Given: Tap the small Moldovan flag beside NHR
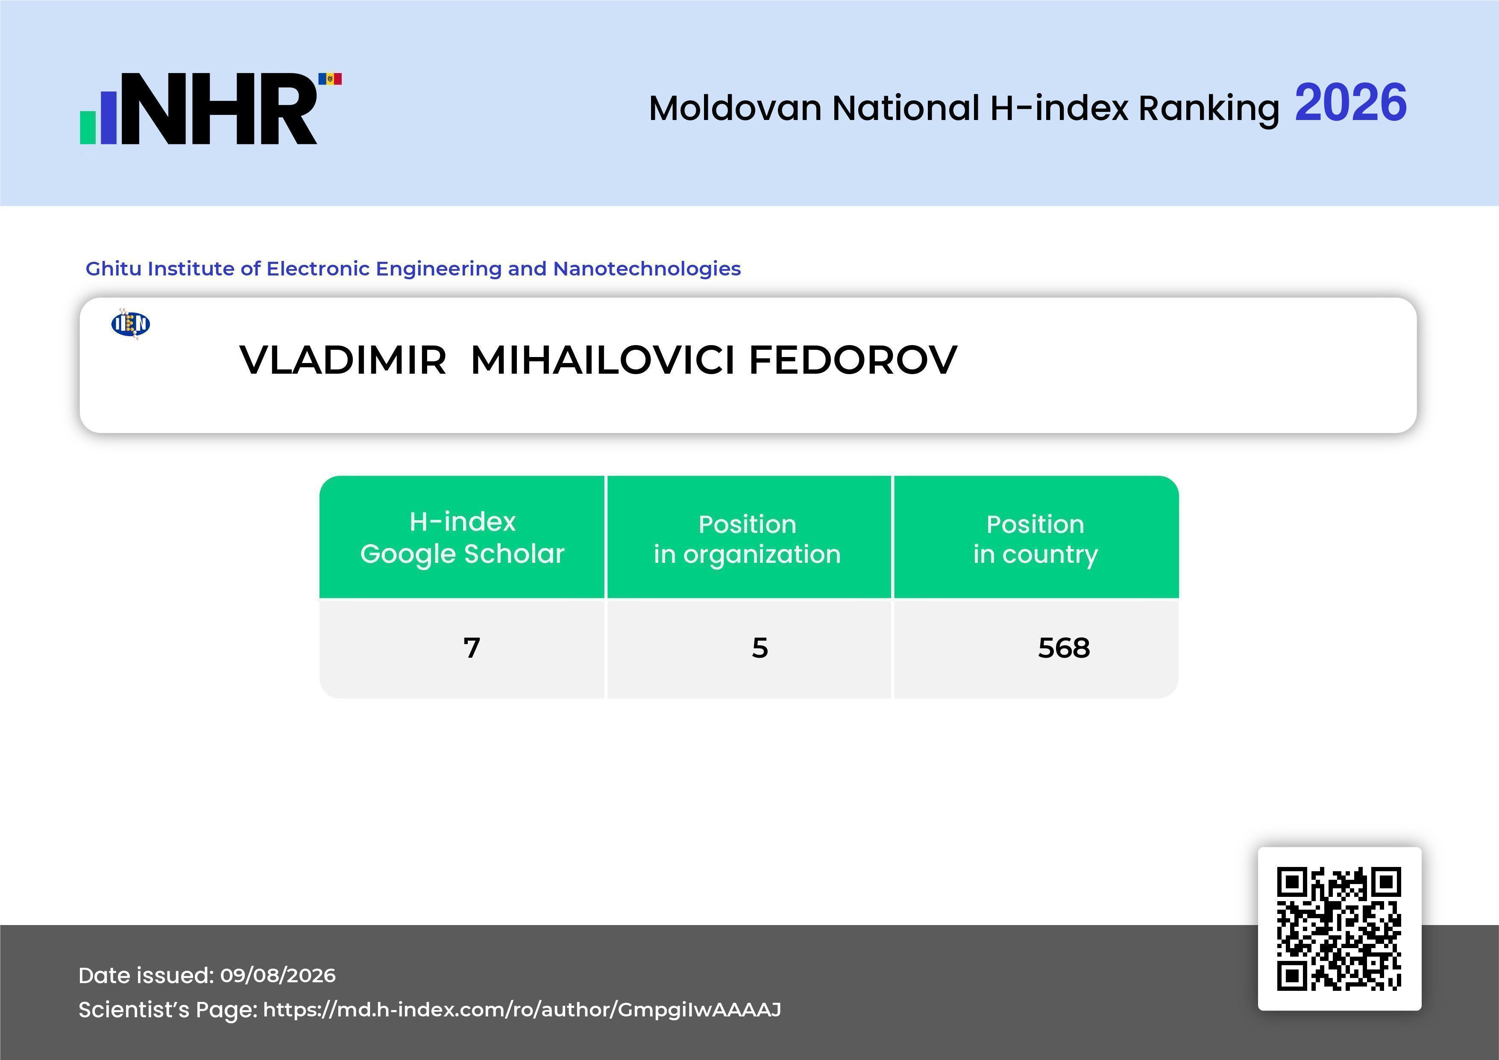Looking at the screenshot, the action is tap(330, 79).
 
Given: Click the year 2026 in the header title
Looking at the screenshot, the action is tap(1350, 103).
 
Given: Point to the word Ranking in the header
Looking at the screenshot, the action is tap(1209, 109).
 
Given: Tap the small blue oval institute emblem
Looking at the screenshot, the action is tap(131, 324).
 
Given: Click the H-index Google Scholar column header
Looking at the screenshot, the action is tap(462, 537).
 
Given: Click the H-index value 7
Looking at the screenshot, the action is tap(471, 647).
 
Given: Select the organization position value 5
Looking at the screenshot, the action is tap(760, 647).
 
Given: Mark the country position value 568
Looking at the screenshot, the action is tap(1064, 647).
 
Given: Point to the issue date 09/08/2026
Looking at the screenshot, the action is tap(278, 975).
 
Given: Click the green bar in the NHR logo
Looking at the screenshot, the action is tap(88, 126).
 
